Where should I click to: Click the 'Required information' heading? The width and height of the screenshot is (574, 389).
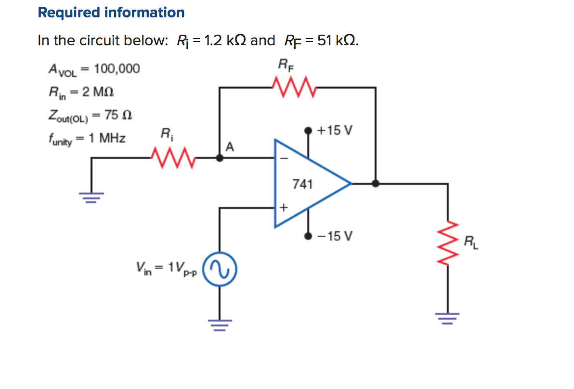pos(111,13)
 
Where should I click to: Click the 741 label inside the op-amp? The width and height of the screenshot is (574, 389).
pos(302,184)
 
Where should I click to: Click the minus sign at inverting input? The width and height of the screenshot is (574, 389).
pos(283,157)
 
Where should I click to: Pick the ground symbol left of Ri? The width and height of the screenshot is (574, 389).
pos(91,197)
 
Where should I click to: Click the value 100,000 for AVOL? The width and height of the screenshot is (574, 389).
pos(117,69)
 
